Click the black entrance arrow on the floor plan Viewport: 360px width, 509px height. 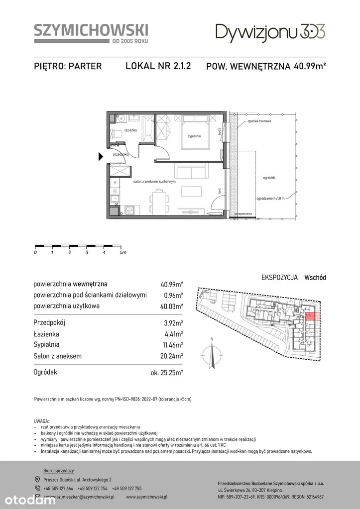point(101,157)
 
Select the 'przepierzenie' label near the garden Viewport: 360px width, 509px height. point(244,214)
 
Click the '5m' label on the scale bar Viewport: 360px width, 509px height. point(123,253)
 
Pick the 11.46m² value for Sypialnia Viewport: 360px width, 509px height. point(171,344)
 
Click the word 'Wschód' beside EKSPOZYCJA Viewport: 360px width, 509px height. point(315,278)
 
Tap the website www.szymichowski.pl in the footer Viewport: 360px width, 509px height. point(146,497)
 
